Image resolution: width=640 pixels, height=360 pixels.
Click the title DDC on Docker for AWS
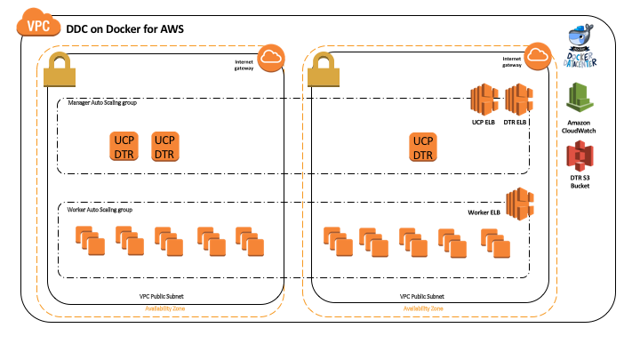[124, 30]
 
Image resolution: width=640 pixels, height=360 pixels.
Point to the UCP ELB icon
[484, 100]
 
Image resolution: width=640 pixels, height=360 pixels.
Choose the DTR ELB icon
[517, 100]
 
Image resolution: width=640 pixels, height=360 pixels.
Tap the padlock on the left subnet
[60, 70]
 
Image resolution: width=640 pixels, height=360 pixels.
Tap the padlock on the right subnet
[324, 70]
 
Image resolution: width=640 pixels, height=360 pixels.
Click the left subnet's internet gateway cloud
[270, 57]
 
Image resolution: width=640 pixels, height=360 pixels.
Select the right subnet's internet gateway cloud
[535, 57]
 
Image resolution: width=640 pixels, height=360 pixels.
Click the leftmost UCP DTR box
[124, 147]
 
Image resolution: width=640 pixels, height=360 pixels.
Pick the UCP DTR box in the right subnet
[424, 147]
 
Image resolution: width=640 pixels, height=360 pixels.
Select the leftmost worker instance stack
[85, 240]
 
